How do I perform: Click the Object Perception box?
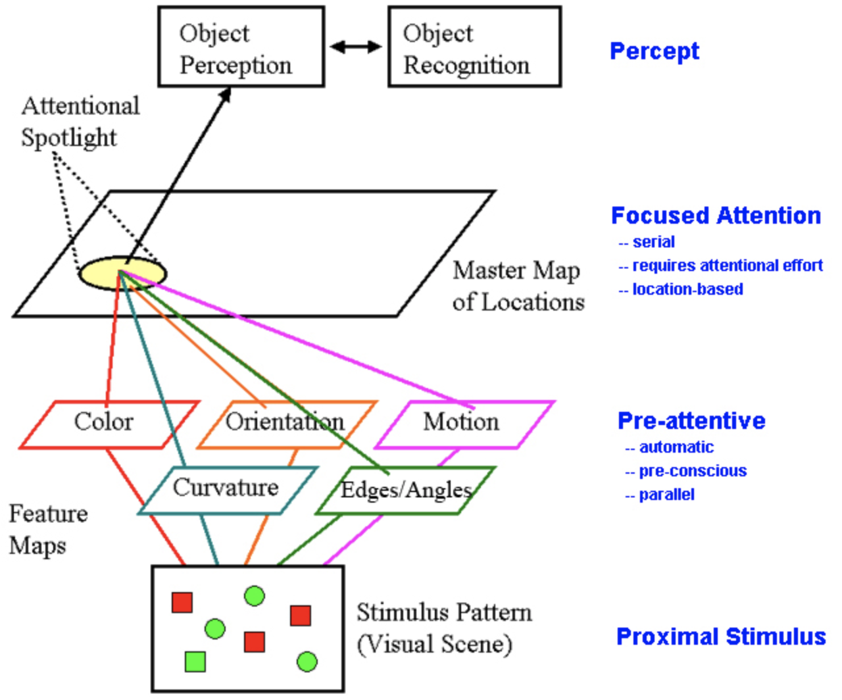pyautogui.click(x=241, y=47)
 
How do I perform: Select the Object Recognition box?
pyautogui.click(x=474, y=47)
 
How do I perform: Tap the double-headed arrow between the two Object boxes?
pyautogui.click(x=356, y=47)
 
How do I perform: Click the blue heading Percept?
pyautogui.click(x=654, y=51)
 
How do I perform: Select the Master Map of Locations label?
pyautogui.click(x=518, y=286)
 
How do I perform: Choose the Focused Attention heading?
pyautogui.click(x=716, y=216)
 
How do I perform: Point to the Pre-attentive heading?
pyautogui.click(x=691, y=421)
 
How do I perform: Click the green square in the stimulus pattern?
pyautogui.click(x=195, y=661)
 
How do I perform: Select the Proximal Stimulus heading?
pyautogui.click(x=721, y=637)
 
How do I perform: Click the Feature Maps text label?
pyautogui.click(x=47, y=530)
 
